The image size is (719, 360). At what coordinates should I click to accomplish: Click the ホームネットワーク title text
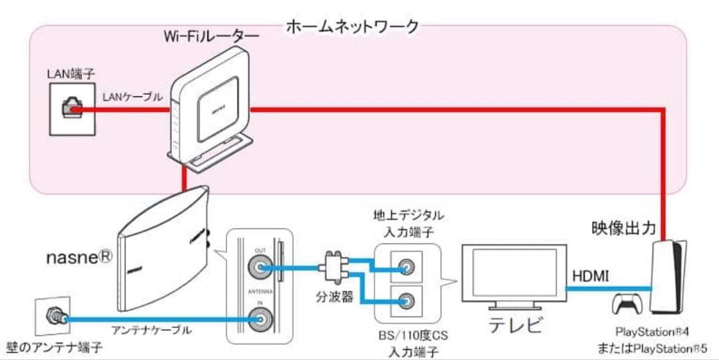[x=353, y=27]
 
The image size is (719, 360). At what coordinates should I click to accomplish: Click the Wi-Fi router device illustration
[x=206, y=106]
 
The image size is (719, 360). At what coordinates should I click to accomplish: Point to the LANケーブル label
[x=132, y=97]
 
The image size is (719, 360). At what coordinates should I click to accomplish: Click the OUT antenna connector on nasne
[x=260, y=268]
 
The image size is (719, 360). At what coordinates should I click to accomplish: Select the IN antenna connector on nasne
[x=260, y=320]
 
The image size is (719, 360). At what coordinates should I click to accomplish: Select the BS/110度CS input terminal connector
[x=404, y=300]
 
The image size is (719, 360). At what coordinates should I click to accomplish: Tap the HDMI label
[x=589, y=275]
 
